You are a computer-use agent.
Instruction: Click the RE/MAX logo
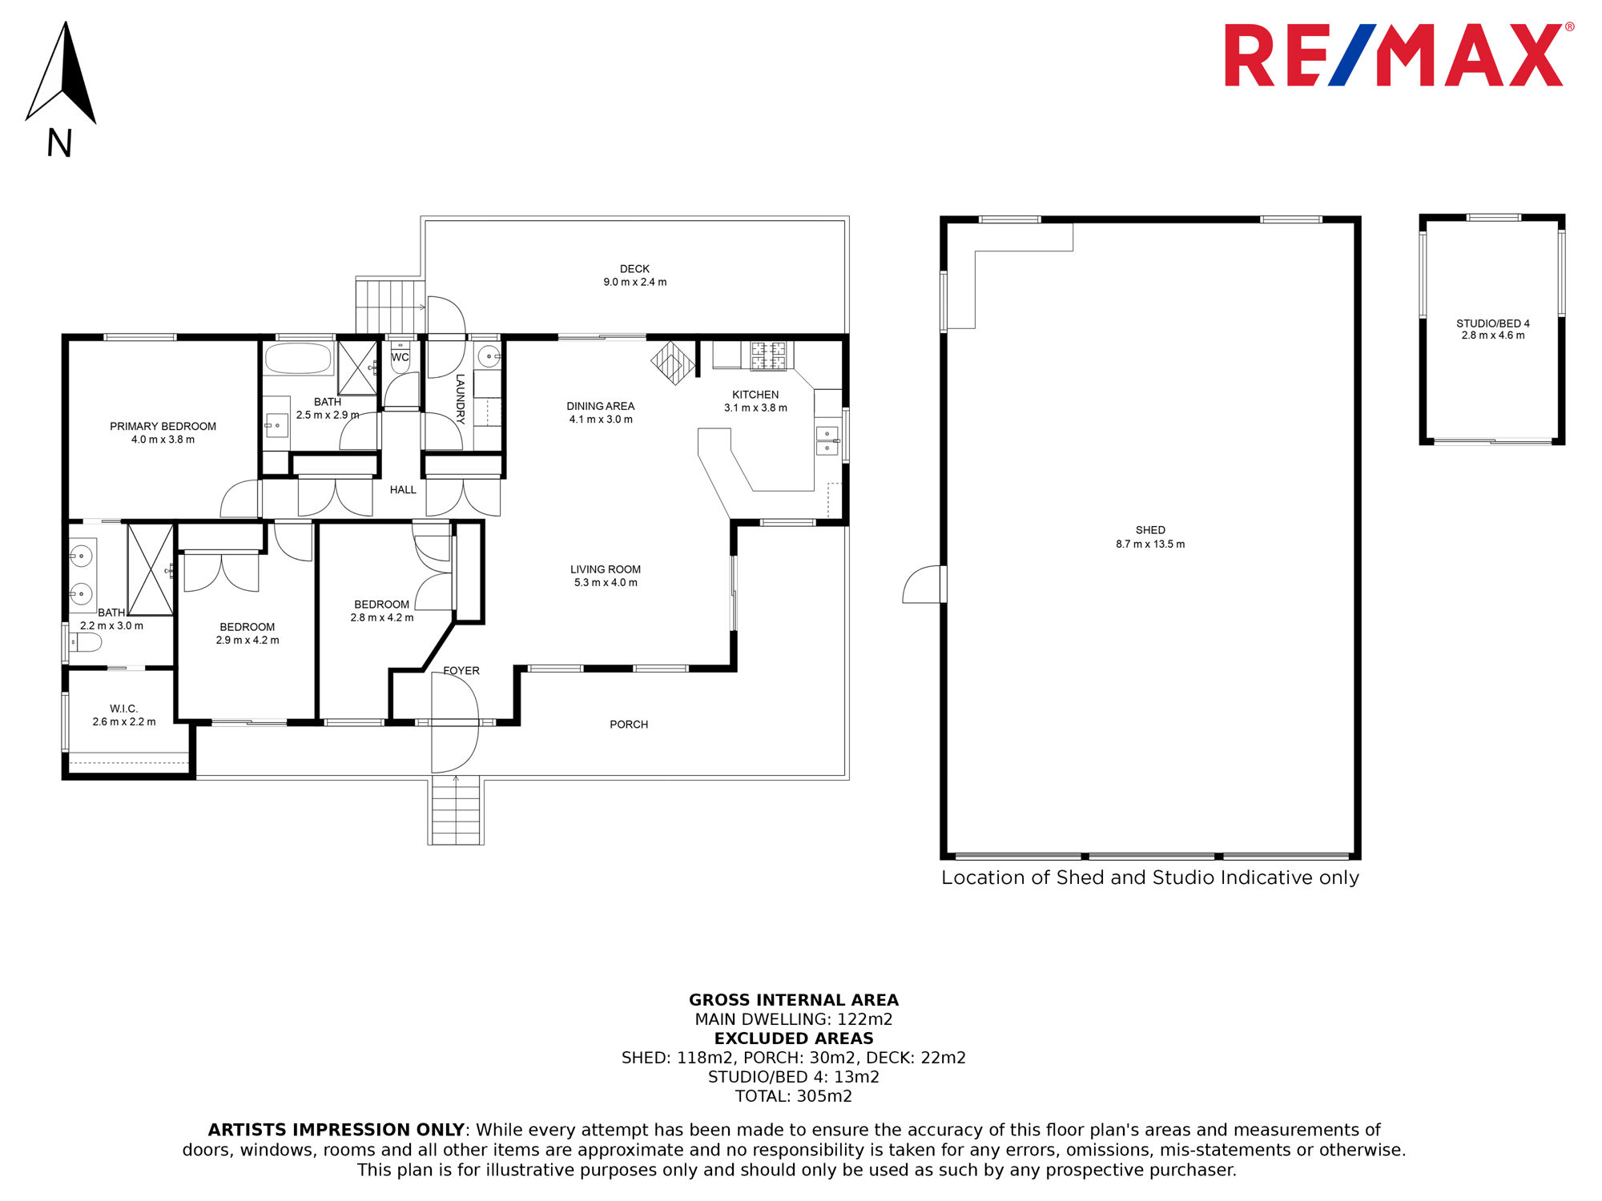pos(1399,54)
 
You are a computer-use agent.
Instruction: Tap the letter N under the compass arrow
pos(59,143)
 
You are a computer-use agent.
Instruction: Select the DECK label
pos(634,269)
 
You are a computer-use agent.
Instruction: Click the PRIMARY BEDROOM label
pos(163,426)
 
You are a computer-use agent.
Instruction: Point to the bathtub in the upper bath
pos(298,359)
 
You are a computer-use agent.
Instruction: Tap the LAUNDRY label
pos(460,399)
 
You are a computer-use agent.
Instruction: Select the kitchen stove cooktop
pos(768,355)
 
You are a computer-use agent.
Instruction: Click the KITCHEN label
pos(755,395)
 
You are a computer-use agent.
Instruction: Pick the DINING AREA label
pos(600,406)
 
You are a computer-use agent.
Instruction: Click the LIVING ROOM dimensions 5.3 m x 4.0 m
pos(606,583)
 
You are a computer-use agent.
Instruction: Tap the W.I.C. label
pos(124,709)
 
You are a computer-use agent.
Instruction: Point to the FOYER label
pos(461,671)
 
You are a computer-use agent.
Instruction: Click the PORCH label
pos(629,725)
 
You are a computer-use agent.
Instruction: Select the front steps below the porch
pos(456,810)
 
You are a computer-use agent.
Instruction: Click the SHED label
pos(1150,530)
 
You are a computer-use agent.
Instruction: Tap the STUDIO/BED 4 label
pos(1493,323)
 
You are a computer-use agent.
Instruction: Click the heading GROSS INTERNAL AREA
pos(794,1000)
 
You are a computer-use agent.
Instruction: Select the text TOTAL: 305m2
pos(794,1096)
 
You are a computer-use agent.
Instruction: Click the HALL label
pos(403,490)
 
